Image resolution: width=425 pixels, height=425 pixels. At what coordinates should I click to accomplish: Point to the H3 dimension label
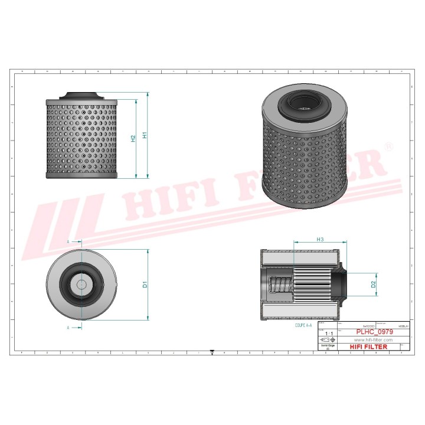pos(320,240)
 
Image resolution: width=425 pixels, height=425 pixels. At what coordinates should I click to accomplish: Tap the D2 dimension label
pos(373,285)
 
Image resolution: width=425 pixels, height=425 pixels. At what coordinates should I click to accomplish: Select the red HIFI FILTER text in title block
pos(370,347)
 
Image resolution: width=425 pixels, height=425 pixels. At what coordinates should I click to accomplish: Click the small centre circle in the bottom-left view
pos(80,284)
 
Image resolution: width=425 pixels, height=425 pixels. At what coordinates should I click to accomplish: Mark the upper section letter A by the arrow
pos(68,242)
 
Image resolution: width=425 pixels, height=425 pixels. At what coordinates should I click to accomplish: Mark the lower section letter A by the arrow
pos(68,326)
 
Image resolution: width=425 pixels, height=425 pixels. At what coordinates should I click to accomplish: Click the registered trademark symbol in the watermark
pos(388,146)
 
